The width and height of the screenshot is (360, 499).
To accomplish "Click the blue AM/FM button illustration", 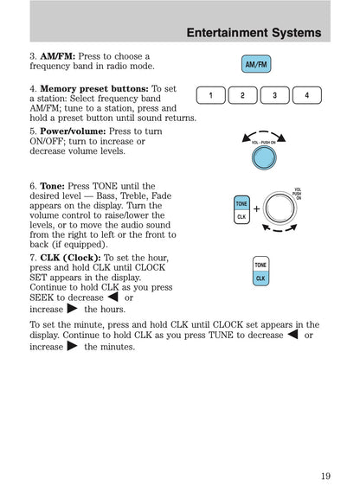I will click(x=256, y=65).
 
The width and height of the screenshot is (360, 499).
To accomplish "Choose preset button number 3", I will click(x=274, y=95).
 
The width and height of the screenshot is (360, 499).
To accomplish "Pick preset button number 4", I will click(x=306, y=95).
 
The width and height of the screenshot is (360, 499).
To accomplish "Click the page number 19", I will click(x=324, y=474).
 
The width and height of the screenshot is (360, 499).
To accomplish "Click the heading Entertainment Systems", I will click(x=254, y=33).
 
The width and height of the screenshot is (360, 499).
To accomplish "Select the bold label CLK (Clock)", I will click(x=70, y=258).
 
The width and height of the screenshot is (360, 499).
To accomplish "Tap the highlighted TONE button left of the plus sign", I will click(x=241, y=203).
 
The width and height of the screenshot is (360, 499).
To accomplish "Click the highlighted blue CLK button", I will click(x=260, y=278).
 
